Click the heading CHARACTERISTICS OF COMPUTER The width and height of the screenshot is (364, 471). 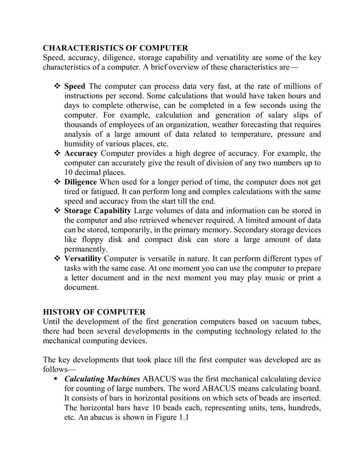[x=116, y=47]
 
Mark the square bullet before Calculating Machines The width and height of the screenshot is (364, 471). [x=58, y=378]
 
